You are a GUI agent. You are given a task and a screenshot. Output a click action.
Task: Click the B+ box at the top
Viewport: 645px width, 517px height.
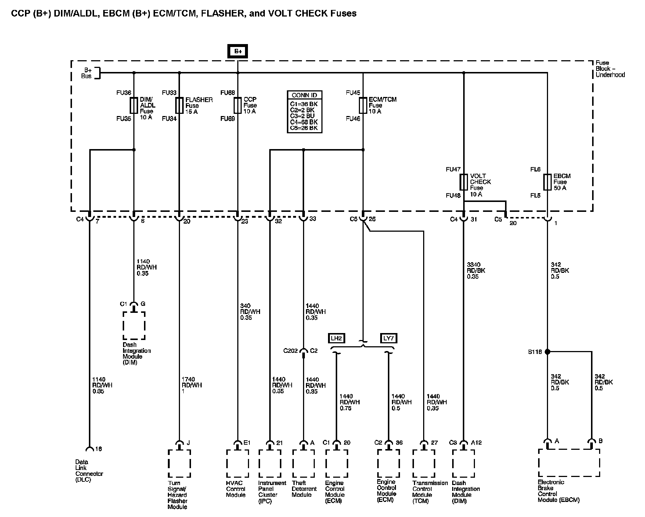(x=238, y=51)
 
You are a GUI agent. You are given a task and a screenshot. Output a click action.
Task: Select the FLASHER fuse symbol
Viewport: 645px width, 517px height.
(x=179, y=105)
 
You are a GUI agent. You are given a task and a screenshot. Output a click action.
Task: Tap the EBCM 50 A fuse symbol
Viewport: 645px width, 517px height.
(x=547, y=182)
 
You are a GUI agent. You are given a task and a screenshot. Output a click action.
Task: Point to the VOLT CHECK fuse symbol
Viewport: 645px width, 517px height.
(x=464, y=182)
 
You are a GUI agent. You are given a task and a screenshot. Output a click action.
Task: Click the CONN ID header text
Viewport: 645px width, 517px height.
(x=304, y=95)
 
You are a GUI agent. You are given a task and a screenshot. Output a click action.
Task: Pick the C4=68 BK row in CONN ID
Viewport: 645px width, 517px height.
(x=304, y=122)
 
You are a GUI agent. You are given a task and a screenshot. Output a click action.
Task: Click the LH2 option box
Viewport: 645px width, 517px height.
(x=336, y=338)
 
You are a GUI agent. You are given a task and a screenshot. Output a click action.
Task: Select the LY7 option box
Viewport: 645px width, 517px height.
(x=388, y=338)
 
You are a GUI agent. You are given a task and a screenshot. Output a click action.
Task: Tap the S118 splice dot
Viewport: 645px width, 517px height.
(x=547, y=352)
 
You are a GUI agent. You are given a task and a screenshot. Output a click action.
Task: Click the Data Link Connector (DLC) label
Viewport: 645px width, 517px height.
(x=89, y=471)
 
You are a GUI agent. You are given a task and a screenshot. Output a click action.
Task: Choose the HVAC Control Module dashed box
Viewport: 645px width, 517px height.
(x=238, y=463)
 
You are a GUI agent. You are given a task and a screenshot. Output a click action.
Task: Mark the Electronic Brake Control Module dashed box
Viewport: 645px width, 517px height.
(x=569, y=463)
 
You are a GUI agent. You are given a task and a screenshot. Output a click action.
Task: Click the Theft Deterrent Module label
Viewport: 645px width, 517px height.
(x=304, y=489)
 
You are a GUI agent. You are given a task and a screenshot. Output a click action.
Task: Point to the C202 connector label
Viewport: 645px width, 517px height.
(x=290, y=351)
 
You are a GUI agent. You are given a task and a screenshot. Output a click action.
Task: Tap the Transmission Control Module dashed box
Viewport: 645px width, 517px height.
(x=424, y=463)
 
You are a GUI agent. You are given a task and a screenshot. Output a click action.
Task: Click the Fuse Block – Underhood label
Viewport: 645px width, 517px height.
(x=610, y=69)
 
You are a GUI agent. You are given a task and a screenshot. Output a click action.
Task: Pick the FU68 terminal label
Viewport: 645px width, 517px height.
(x=227, y=93)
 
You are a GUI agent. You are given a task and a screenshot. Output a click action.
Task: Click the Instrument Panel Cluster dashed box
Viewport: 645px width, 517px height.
(x=270, y=463)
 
